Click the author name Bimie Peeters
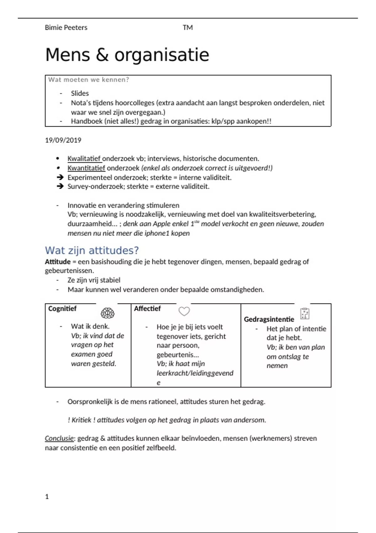click(66, 28)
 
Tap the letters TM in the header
click(188, 28)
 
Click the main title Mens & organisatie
click(127, 55)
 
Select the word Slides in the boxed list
click(80, 93)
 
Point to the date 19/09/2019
click(63, 140)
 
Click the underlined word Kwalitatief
click(84, 159)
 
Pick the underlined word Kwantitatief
click(86, 168)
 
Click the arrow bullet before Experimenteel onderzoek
click(60, 177)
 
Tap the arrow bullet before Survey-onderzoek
click(60, 187)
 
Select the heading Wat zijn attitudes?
click(91, 251)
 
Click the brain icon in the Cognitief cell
click(107, 313)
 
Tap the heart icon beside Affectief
click(184, 311)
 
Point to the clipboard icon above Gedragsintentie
click(305, 314)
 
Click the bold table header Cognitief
click(62, 309)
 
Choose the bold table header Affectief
click(147, 309)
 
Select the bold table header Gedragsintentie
click(269, 319)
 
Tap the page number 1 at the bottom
click(47, 497)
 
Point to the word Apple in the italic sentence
click(171, 224)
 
